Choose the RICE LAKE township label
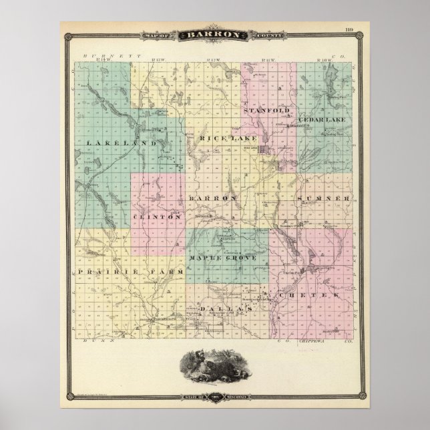tap(222, 138)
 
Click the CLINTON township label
tap(158, 217)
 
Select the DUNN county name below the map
tap(98, 340)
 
